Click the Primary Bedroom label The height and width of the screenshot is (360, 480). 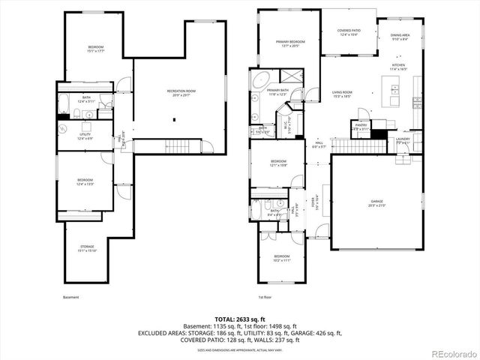(290, 42)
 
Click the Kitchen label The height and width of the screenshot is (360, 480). (397, 66)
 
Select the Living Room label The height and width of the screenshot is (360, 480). (342, 92)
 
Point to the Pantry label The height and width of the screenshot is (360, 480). (361, 126)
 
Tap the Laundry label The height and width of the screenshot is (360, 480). (402, 139)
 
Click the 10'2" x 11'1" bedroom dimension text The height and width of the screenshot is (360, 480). (281, 259)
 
